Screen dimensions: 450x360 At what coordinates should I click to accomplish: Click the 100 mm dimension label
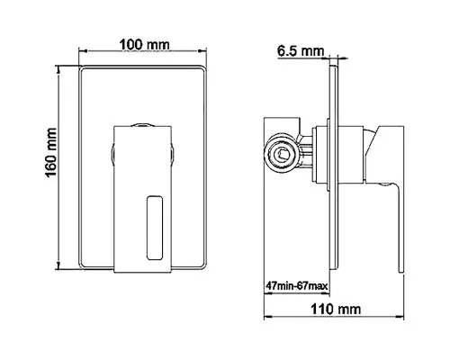[x=144, y=45]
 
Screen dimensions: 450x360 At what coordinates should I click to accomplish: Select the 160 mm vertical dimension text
[x=50, y=152]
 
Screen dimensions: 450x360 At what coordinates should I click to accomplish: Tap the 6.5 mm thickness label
[x=301, y=51]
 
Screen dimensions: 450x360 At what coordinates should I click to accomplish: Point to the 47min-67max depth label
[x=296, y=286]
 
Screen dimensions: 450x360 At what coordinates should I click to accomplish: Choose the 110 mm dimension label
[x=336, y=309]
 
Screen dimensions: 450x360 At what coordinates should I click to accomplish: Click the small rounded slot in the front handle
[x=155, y=228]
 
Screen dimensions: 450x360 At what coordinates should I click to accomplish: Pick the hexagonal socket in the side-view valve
[x=283, y=155]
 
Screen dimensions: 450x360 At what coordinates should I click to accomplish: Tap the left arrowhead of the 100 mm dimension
[x=83, y=50]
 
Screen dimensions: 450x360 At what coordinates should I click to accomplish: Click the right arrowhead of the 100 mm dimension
[x=202, y=50]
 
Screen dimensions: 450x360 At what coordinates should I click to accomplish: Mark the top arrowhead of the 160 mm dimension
[x=58, y=69]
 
